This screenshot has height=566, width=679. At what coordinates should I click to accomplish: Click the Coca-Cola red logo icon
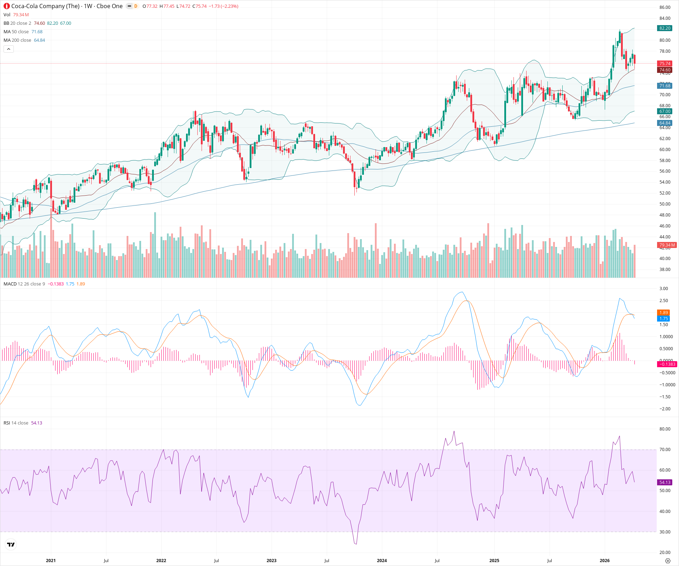[x=6, y=6]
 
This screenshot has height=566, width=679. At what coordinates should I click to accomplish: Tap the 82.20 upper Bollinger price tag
[x=665, y=28]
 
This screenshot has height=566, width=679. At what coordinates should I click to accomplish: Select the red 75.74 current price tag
[x=665, y=64]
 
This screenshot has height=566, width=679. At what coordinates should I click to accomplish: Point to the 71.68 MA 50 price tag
[x=665, y=86]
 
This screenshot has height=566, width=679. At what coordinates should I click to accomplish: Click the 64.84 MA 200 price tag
[x=665, y=123]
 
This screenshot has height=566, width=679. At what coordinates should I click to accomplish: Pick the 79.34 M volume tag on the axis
[x=667, y=245]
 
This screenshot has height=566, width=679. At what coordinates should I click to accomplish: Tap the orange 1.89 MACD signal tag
[x=663, y=313]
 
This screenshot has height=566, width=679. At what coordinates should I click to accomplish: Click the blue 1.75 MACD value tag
[x=663, y=319]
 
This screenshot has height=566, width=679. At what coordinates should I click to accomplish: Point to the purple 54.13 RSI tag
[x=665, y=483]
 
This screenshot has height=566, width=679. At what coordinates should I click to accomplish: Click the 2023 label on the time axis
[x=271, y=561]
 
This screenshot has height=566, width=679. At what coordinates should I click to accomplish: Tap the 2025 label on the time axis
[x=494, y=561]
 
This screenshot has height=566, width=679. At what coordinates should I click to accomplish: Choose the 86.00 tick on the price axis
[x=665, y=7]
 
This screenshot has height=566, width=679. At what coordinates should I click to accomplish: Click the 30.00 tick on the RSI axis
[x=665, y=532]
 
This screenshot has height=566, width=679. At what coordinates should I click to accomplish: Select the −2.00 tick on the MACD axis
[x=665, y=409]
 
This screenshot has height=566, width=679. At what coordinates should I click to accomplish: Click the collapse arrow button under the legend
[x=8, y=49]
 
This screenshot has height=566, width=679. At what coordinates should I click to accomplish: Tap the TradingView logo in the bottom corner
[x=11, y=544]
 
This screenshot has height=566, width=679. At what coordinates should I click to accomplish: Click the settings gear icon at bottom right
[x=668, y=561]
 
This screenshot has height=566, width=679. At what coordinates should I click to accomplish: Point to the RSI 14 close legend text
[x=16, y=423]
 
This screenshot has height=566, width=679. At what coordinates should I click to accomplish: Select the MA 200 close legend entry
[x=17, y=40]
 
